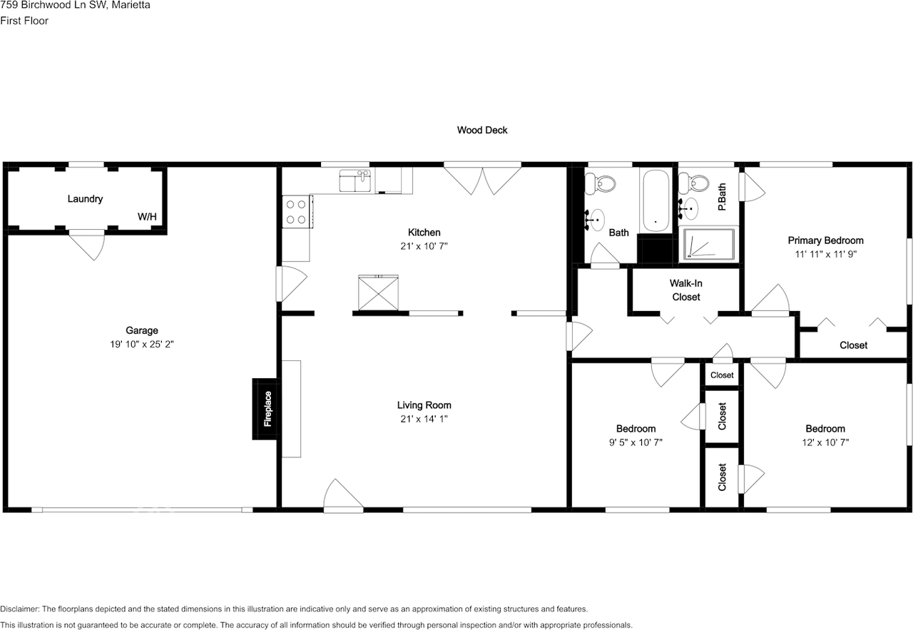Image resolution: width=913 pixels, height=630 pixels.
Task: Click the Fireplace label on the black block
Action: [267, 409]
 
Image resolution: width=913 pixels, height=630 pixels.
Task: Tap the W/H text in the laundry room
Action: [148, 216]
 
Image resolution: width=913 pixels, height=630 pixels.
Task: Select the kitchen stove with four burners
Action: [297, 212]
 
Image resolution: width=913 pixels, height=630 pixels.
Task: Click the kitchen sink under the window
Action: [355, 182]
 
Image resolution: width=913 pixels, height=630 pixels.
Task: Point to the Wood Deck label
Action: [482, 130]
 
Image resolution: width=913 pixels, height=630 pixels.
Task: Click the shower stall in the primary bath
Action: [708, 244]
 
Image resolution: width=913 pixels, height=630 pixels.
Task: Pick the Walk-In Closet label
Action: [685, 290]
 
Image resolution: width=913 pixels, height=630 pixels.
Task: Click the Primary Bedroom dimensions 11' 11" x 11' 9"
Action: [825, 253]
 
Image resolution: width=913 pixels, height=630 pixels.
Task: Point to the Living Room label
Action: [424, 405]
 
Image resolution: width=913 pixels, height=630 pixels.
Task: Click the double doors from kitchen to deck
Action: [483, 179]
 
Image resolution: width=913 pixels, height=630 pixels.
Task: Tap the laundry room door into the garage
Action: [88, 245]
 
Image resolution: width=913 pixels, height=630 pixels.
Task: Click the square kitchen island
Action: [378, 293]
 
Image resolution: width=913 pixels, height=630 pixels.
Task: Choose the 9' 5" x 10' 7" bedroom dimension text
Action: [636, 442]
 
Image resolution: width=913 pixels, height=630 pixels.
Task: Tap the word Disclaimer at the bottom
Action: [20, 609]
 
